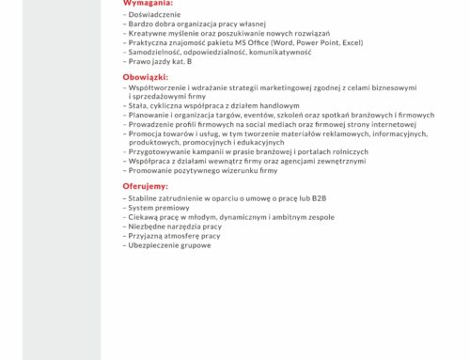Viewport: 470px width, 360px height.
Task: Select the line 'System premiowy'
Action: pyautogui.click(x=154, y=208)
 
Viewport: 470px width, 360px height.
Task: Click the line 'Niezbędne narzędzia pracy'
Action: pyautogui.click(x=170, y=226)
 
